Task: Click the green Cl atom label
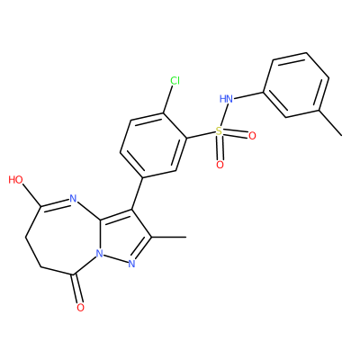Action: point(175,80)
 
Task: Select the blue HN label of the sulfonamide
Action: point(226,98)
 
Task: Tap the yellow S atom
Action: point(220,130)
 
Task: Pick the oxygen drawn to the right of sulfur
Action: point(252,136)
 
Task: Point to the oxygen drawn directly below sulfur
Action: point(220,165)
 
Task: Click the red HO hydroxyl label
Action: point(16,180)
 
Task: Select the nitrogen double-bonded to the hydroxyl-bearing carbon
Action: point(73,198)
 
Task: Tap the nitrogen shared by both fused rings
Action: point(99,254)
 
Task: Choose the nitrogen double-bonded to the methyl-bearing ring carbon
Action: point(131,264)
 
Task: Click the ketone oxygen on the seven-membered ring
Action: point(80,307)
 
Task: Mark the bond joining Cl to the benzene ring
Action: point(167,99)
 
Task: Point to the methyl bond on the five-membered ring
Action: point(169,238)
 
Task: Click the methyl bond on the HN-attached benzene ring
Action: point(330,123)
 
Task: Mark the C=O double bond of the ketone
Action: point(76,288)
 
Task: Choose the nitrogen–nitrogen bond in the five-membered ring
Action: point(115,258)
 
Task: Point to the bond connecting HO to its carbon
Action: point(31,196)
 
